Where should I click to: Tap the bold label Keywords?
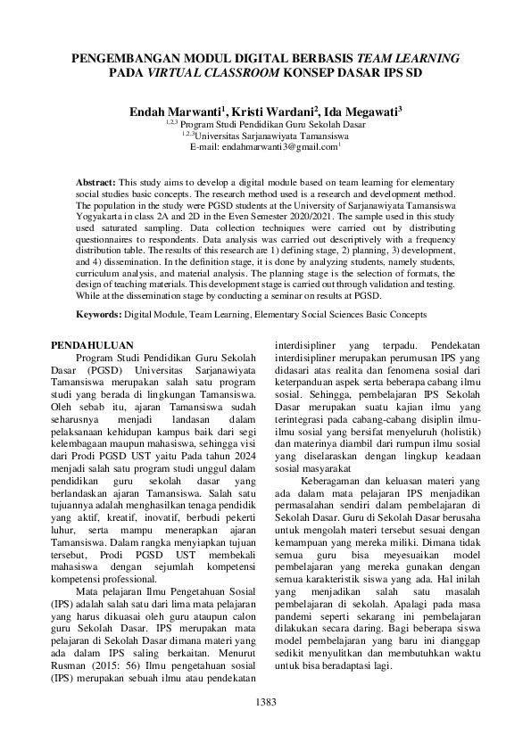tap(98, 315)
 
